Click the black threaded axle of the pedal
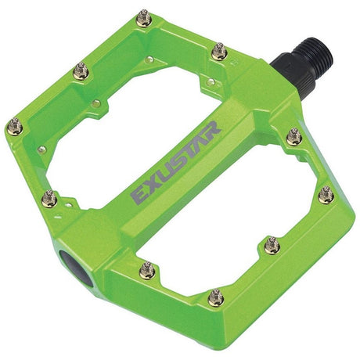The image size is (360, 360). pyautogui.click(x=314, y=63)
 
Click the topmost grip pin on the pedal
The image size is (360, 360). pyautogui.click(x=143, y=16)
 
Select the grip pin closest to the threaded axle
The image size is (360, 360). pyautogui.click(x=220, y=52)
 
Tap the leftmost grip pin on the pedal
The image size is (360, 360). pyautogui.click(x=14, y=125)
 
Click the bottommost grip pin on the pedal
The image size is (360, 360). pyautogui.click(x=216, y=297)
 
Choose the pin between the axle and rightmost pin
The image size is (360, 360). pyautogui.click(x=294, y=138)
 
